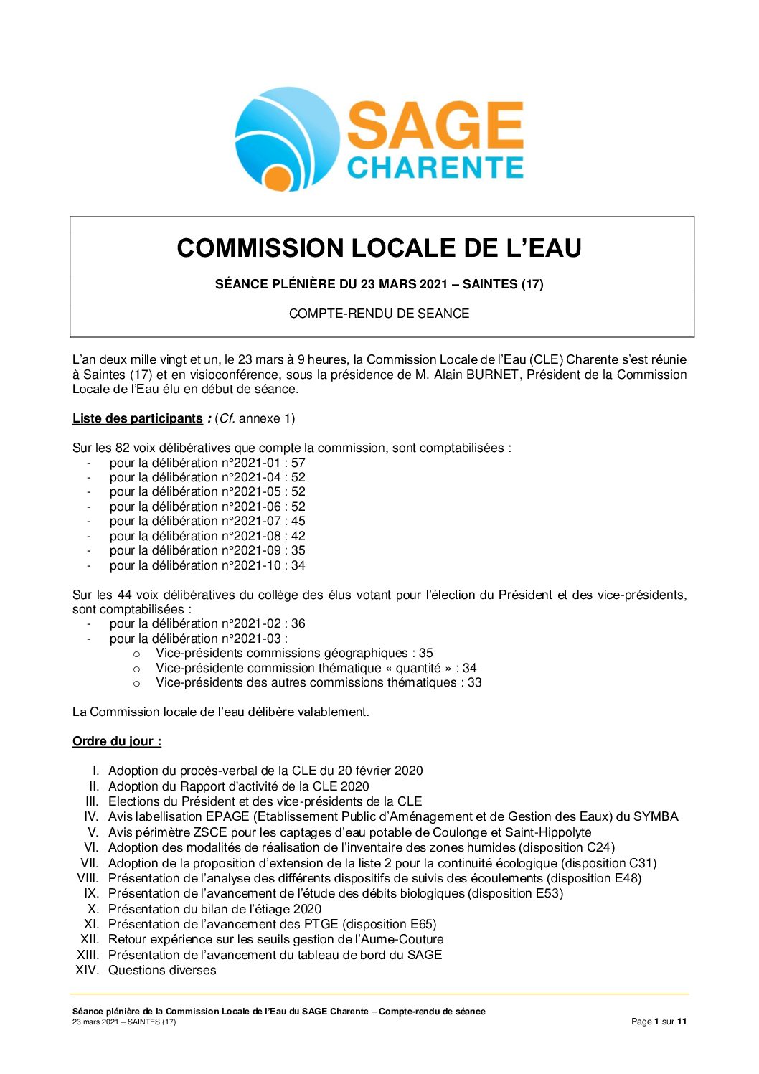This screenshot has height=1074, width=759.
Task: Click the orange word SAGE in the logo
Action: tap(435, 126)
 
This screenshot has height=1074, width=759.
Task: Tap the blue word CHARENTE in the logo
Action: tap(435, 167)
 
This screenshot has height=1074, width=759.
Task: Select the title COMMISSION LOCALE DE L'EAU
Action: tap(379, 248)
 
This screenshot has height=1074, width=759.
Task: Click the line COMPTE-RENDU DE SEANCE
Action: tap(379, 314)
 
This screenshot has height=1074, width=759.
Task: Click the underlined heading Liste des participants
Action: tap(138, 418)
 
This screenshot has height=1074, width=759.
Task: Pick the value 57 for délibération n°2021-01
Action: tap(298, 463)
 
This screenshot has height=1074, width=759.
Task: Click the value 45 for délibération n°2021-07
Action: tap(298, 522)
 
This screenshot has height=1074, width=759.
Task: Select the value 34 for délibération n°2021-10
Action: tap(298, 565)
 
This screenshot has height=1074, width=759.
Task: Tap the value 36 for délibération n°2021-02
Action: tap(298, 624)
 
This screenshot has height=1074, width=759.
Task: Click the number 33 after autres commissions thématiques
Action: tap(475, 683)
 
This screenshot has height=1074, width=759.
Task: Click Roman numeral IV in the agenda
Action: tap(91, 816)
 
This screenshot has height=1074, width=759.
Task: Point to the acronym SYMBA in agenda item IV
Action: tap(656, 816)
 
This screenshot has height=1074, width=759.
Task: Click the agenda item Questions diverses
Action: tap(162, 970)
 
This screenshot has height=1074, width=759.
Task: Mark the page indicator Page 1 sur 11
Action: tap(659, 1022)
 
